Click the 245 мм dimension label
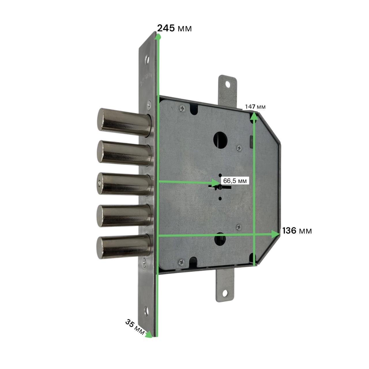click(174, 28)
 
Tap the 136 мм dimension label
click(297, 231)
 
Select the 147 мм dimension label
click(255, 107)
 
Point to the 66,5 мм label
click(235, 181)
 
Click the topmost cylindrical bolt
click(125, 123)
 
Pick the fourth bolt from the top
click(124, 216)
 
